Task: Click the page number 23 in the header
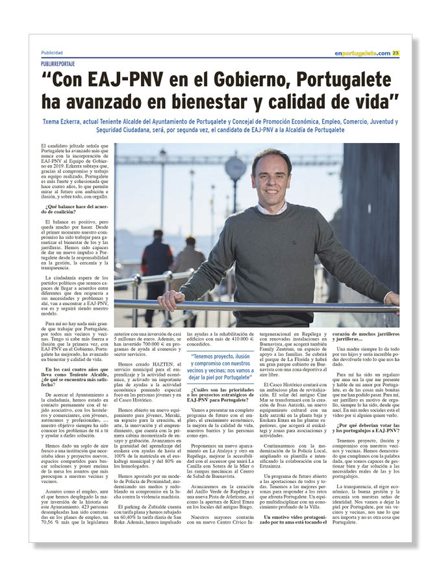[396, 53]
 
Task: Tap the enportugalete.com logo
[362, 53]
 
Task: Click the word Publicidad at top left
[52, 53]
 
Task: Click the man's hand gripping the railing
[172, 300]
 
